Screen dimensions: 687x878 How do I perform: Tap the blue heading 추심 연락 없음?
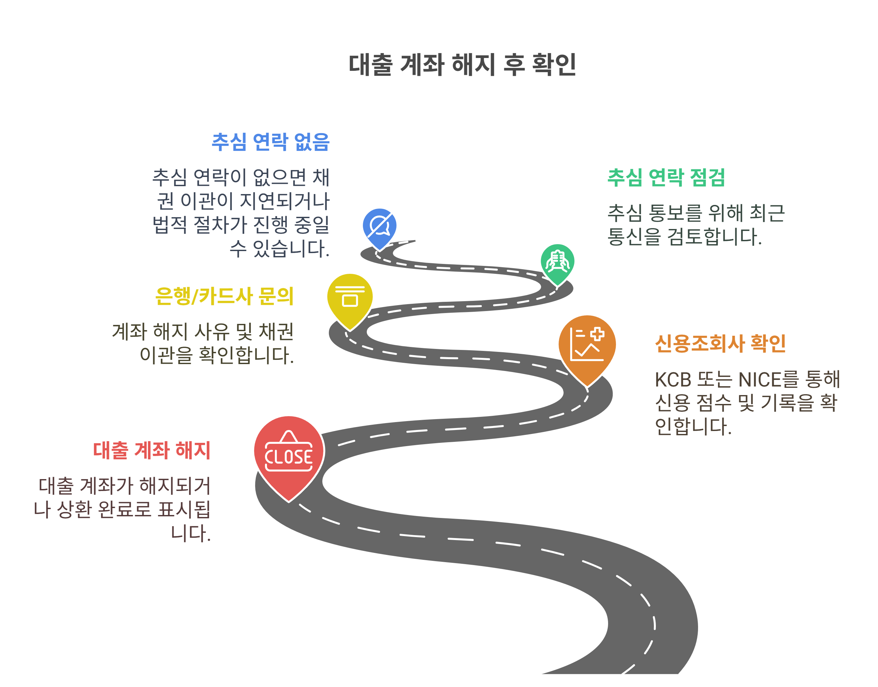tap(270, 142)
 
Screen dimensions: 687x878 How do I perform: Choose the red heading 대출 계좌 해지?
tap(152, 450)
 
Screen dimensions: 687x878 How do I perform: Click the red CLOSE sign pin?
tap(288, 454)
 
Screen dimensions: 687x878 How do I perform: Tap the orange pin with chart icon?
tap(587, 346)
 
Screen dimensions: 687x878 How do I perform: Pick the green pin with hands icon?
tap(557, 263)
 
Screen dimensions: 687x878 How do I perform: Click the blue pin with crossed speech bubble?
tap(379, 226)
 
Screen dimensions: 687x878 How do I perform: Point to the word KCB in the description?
tap(673, 380)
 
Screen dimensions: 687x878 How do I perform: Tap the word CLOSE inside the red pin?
tap(288, 457)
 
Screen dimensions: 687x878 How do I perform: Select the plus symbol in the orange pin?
tap(597, 334)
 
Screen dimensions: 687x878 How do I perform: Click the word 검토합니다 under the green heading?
tap(714, 237)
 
